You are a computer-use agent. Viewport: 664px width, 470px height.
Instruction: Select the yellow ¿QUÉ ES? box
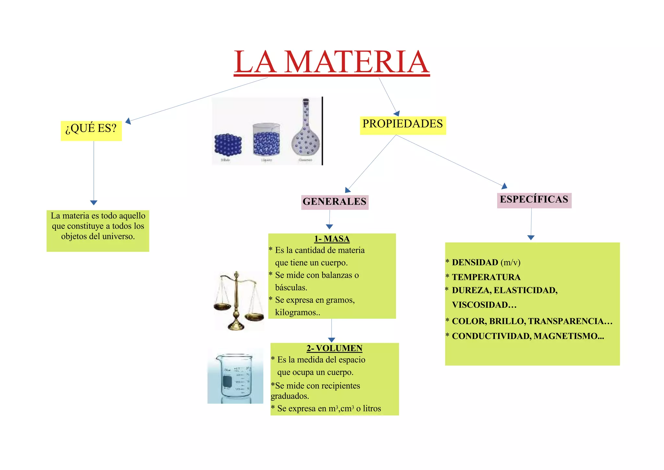91,130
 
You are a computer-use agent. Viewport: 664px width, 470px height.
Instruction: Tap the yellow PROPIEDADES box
403,125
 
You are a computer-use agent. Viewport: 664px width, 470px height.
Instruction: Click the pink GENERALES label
335,202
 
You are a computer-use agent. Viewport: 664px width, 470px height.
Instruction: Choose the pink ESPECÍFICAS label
534,200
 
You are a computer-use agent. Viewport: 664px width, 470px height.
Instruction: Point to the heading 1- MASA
332,239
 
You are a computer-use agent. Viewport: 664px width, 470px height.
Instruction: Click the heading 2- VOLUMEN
334,348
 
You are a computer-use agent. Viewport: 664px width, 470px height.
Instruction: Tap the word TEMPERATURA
486,277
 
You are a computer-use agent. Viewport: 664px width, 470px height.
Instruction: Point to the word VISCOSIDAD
484,305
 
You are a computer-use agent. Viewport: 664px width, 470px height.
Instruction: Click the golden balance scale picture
238,301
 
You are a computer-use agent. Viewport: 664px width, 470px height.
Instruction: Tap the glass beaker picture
236,377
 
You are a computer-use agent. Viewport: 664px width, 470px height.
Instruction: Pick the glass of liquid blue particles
266,140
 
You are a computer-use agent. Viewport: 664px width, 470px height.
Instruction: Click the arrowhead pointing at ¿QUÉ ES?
128,121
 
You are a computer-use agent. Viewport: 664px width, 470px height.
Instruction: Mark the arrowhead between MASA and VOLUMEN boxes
331,340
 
